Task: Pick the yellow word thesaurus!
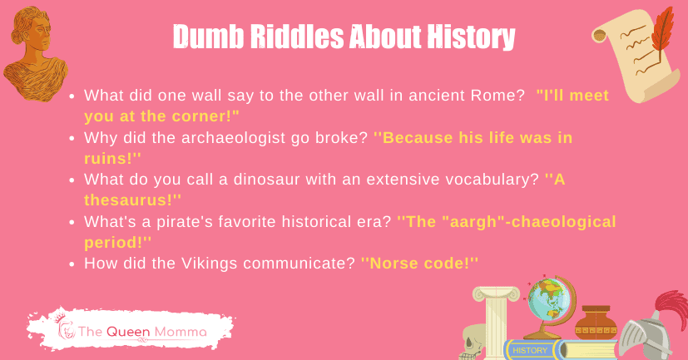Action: coord(133,200)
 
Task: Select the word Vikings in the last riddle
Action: coord(192,264)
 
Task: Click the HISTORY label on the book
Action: coord(531,350)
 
